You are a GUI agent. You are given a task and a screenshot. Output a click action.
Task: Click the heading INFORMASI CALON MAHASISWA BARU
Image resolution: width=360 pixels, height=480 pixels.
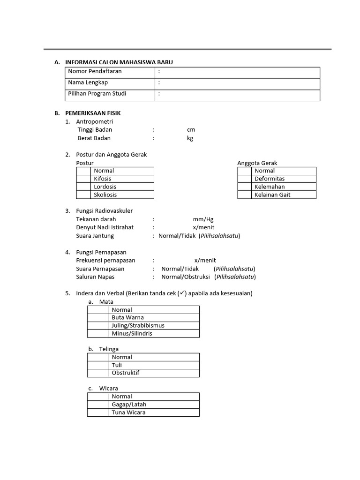point(122,62)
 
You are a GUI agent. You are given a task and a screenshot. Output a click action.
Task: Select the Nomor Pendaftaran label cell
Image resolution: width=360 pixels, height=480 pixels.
point(95,71)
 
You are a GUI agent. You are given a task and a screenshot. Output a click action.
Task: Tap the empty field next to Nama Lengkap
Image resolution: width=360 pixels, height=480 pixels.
point(239,82)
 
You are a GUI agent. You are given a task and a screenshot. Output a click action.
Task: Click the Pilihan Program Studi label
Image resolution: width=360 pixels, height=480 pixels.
point(97,94)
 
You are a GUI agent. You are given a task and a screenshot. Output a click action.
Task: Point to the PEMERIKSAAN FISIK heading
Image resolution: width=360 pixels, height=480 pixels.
point(93,113)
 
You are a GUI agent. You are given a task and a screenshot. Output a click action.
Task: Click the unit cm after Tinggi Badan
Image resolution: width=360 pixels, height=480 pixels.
point(191,130)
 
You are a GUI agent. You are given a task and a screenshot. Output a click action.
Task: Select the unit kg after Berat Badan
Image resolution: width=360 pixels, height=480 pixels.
point(190,138)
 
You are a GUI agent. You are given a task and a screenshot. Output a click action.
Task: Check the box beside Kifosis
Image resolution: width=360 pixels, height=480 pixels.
point(83,179)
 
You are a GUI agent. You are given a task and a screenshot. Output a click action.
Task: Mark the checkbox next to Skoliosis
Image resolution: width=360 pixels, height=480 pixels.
point(83,195)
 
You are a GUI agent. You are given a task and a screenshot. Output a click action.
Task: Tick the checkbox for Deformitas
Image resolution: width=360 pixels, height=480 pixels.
point(244,179)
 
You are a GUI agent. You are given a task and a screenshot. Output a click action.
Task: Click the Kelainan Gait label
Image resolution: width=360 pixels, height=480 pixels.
point(272,195)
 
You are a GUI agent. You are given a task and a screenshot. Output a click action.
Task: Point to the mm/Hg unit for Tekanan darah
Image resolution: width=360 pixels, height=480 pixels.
point(203,219)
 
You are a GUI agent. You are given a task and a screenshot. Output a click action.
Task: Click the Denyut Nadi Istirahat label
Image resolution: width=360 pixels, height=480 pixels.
point(105,227)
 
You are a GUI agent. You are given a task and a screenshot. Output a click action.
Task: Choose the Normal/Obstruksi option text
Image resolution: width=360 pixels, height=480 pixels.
point(186,277)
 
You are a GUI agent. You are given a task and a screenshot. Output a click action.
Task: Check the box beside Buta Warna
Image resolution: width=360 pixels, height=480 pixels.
point(97,318)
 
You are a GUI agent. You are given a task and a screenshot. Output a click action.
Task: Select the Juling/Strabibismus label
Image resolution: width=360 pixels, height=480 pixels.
point(138,326)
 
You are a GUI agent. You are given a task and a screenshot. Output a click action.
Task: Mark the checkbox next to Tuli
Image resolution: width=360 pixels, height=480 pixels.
point(97,365)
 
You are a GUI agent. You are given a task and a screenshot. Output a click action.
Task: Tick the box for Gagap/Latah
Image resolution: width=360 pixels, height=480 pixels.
point(97,405)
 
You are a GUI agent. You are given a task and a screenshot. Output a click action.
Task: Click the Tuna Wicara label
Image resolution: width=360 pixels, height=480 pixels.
point(128,412)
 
